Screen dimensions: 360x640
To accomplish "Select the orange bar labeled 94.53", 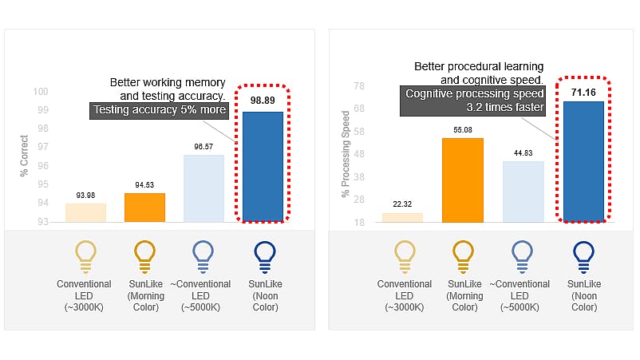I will [x=144, y=208].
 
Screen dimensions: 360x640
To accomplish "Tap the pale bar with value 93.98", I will [x=85, y=212].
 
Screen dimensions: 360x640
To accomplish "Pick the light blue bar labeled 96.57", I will [x=204, y=188].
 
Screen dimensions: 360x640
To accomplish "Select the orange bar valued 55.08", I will [x=463, y=180].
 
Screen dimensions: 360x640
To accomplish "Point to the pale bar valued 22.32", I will [x=403, y=217].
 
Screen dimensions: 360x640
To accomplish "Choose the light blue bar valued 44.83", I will [x=523, y=192].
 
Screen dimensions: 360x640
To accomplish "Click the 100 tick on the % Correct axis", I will [x=41, y=91].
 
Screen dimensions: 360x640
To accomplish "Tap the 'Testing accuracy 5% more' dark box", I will [x=160, y=110].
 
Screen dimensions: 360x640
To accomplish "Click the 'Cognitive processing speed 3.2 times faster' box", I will [x=474, y=101].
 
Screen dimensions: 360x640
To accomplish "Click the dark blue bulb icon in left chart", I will [x=264, y=255].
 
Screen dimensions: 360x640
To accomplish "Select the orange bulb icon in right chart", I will [x=464, y=255].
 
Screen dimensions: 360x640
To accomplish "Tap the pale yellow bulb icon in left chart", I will [x=85, y=255].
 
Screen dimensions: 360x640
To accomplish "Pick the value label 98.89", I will [x=263, y=101].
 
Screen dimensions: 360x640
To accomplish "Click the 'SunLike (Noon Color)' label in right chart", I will [x=584, y=295].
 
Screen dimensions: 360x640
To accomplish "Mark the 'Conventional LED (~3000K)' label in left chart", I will [x=85, y=295].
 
